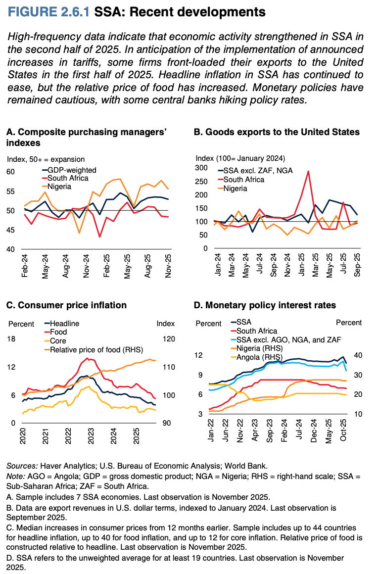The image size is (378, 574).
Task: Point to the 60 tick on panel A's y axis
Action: (x=11, y=172)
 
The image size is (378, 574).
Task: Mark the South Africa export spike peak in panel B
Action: (x=308, y=171)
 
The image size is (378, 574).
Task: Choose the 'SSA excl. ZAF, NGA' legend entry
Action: (x=258, y=170)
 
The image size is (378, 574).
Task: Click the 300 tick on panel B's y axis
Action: (x=202, y=168)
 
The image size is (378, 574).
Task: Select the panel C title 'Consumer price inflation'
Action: (x=66, y=306)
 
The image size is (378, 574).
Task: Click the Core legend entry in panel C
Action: (x=58, y=340)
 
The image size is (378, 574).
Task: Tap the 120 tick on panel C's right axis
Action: (x=169, y=339)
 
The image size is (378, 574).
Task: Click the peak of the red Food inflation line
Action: (x=87, y=358)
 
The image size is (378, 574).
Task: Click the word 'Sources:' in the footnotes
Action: (x=21, y=466)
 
